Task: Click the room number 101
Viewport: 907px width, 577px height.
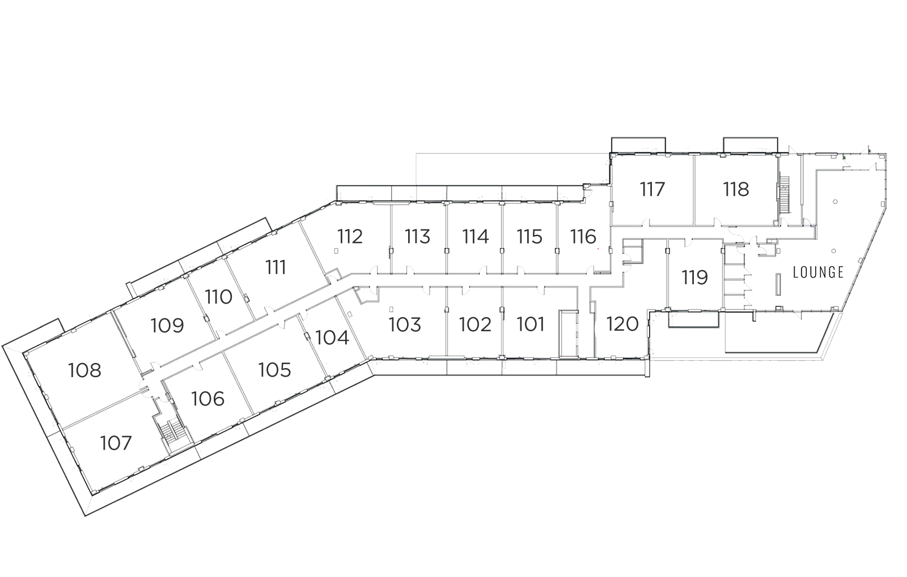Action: pos(531,324)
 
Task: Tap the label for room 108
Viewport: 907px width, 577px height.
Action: pos(84,370)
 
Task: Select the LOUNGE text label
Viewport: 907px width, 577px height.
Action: pos(819,272)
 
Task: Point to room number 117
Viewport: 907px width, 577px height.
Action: pos(652,189)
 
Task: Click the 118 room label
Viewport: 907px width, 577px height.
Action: pos(736,189)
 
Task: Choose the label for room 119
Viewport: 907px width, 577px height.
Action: pos(695,278)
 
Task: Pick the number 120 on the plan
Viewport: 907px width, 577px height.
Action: pos(622,324)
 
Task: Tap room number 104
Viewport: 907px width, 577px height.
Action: pos(332,338)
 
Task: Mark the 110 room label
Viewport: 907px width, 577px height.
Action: pos(219,297)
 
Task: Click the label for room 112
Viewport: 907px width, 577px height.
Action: pos(350,237)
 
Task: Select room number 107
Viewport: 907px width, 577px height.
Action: pos(116,443)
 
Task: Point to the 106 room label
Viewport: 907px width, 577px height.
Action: pos(207,399)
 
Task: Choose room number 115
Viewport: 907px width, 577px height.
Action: pos(529,237)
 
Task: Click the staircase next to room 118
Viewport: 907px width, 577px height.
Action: pos(785,194)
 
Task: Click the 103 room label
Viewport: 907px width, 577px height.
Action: pos(405,324)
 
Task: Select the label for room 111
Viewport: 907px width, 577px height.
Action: pos(276,267)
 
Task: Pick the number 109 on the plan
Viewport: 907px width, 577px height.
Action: pos(167,326)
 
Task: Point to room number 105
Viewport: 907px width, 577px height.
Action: pos(274,370)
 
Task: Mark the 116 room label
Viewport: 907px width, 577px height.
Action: pos(583,237)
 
